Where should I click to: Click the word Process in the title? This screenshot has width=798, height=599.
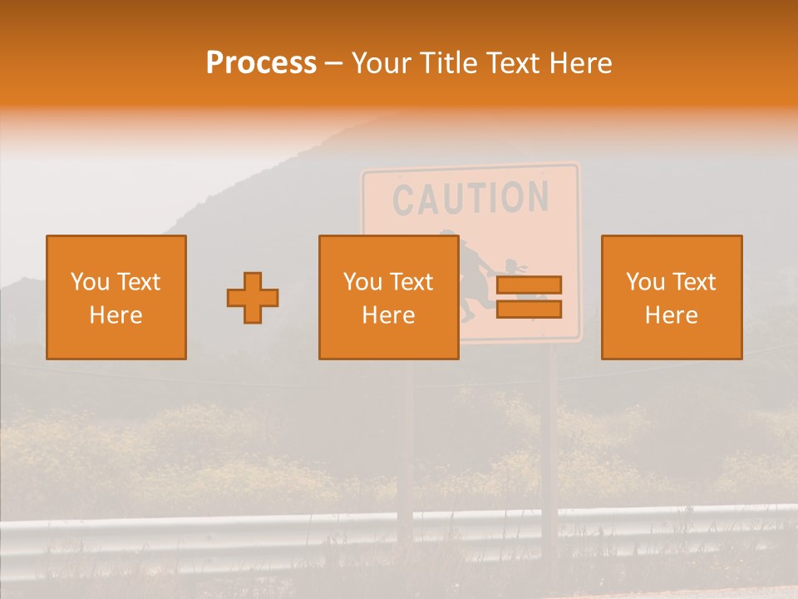(261, 63)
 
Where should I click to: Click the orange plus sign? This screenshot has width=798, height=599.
(253, 298)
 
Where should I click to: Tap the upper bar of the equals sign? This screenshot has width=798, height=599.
(529, 285)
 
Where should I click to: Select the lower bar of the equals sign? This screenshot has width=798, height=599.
(529, 309)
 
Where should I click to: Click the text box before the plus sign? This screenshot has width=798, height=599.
(116, 298)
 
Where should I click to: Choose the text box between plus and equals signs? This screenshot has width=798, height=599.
(388, 298)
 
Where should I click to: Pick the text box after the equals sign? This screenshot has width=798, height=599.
(671, 298)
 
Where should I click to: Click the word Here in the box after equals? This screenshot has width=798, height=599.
(671, 315)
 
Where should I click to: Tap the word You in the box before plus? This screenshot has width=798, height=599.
(90, 282)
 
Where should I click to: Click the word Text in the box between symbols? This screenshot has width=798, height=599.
(411, 282)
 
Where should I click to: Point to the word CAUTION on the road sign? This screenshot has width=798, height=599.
(470, 198)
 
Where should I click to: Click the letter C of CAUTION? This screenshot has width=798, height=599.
(403, 200)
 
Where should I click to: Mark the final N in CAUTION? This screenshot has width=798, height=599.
(538, 196)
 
